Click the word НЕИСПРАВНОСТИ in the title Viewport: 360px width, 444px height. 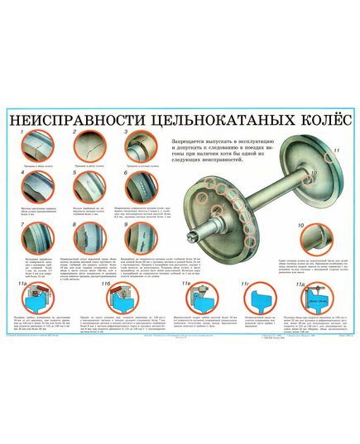click(64, 121)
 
